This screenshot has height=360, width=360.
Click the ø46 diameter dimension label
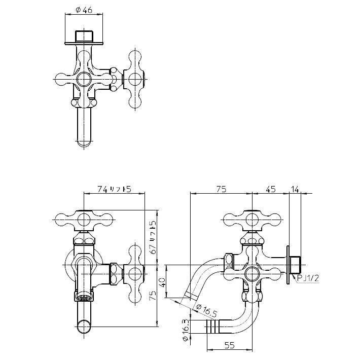(x=84, y=10)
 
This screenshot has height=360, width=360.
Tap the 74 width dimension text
(x=102, y=189)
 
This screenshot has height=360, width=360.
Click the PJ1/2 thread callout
(x=308, y=278)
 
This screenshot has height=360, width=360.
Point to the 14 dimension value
(x=295, y=190)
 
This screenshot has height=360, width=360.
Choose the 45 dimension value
(x=270, y=190)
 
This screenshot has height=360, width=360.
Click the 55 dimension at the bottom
(x=230, y=345)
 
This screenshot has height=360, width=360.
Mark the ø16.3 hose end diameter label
(x=186, y=330)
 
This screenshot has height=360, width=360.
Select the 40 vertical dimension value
(x=162, y=282)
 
